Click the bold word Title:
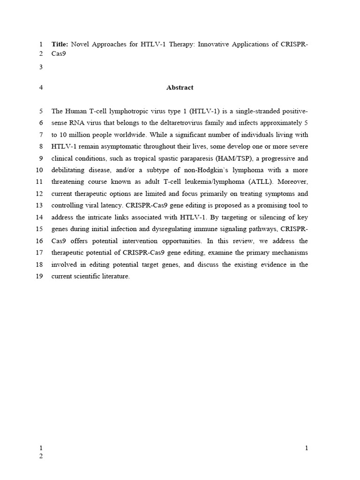click(60, 44)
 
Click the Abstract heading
click(180, 87)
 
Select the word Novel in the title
click(81, 44)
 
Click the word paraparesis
click(185, 158)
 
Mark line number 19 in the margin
click(39, 276)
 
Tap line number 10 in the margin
click(39, 170)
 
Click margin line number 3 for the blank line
click(41, 67)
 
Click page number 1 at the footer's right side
click(307, 448)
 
